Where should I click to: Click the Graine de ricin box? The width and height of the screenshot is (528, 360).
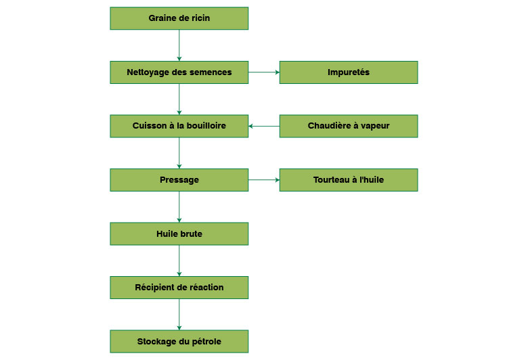[x=179, y=18]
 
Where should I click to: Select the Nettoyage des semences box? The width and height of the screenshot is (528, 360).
[x=179, y=72]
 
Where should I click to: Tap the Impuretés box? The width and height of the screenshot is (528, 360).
[x=349, y=72]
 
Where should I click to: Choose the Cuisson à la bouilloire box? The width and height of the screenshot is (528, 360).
[x=179, y=126]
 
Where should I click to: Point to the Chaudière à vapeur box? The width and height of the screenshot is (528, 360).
[x=349, y=126]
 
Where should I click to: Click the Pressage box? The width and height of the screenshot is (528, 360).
[x=179, y=180]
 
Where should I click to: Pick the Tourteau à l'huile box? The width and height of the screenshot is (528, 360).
[x=349, y=180]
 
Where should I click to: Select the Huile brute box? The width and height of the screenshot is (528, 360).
[x=179, y=233]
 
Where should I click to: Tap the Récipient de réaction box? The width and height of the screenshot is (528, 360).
[x=179, y=288]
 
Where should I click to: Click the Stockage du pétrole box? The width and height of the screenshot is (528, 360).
[x=179, y=341]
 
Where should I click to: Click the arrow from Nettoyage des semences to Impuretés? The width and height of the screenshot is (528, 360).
[x=264, y=72]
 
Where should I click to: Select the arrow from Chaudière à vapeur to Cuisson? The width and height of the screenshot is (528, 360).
[x=264, y=126]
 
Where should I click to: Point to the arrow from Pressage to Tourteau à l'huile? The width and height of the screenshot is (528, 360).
[x=264, y=180]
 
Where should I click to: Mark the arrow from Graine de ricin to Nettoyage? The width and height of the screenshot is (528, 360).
[x=179, y=45]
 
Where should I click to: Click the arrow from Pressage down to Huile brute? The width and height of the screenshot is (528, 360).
[x=179, y=206]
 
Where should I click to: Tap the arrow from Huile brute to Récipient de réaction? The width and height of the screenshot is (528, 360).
[x=179, y=261]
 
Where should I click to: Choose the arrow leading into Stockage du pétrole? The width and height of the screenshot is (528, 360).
[x=179, y=314]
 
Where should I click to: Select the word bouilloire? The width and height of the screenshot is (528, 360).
[x=203, y=126]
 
